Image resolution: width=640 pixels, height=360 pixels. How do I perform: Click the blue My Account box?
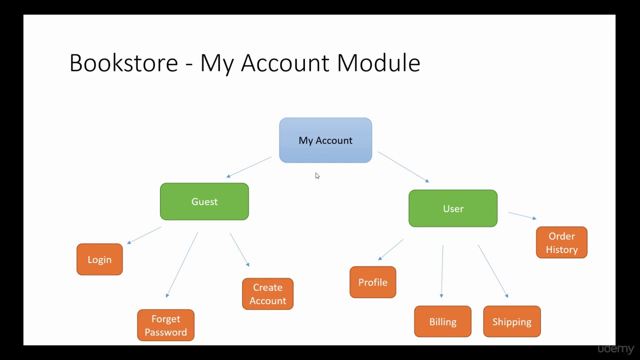325,140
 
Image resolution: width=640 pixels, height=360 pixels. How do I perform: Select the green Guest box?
204,201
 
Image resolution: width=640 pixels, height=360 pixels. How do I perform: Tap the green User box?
453,208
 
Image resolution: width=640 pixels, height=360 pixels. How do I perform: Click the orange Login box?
99,259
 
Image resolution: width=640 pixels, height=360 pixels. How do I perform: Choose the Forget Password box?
165,325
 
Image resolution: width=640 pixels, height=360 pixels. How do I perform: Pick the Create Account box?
267,294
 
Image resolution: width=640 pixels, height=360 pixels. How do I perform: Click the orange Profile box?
372,282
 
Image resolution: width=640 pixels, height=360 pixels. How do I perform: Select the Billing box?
442,321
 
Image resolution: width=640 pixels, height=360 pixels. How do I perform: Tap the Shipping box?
511,321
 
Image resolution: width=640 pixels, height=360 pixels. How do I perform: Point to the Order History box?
561,242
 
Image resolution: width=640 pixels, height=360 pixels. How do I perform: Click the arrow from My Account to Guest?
249,167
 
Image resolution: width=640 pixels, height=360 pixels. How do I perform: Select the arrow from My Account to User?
403,167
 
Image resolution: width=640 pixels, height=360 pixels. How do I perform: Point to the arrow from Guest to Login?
144,235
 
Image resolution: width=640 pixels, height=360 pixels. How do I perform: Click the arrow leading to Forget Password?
182,264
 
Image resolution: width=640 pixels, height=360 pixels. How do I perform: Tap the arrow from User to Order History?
522,215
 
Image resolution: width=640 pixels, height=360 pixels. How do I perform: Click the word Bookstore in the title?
123,63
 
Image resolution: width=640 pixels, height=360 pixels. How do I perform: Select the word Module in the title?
378,63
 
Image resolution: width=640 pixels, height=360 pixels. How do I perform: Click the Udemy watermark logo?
615,348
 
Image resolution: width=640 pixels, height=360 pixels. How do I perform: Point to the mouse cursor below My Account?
317,175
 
